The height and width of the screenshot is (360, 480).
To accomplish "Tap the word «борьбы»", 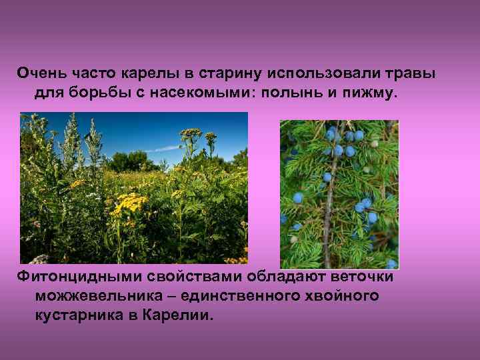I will [x=95, y=94].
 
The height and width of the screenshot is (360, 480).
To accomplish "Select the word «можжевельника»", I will [x=106, y=295].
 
